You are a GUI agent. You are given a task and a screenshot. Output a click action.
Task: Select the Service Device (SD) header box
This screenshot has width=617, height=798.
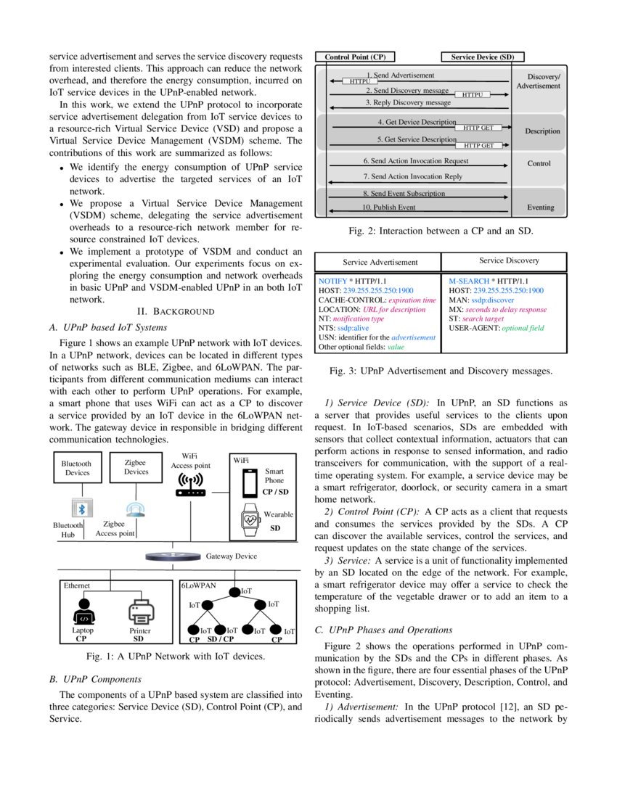click(483, 57)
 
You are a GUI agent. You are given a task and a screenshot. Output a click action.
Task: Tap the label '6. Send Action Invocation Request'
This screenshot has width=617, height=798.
click(415, 161)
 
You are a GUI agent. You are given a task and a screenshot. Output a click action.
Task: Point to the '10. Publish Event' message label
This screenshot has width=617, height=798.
click(388, 207)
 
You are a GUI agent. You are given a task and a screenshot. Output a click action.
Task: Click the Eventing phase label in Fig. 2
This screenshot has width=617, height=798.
click(541, 207)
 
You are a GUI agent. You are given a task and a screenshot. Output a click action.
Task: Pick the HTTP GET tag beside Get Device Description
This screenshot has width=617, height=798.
click(478, 128)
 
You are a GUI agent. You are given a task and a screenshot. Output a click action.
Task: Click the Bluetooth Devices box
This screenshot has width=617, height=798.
click(76, 467)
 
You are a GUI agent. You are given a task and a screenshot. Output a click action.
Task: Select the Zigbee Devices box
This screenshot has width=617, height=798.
click(136, 466)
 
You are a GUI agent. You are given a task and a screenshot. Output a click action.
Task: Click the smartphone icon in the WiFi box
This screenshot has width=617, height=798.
click(250, 481)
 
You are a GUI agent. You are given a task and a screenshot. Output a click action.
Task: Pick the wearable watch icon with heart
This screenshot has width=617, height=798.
click(250, 519)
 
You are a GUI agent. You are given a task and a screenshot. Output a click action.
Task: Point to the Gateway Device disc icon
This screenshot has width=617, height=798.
click(173, 556)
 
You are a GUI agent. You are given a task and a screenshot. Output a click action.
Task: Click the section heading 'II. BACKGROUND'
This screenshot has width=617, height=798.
click(176, 312)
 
